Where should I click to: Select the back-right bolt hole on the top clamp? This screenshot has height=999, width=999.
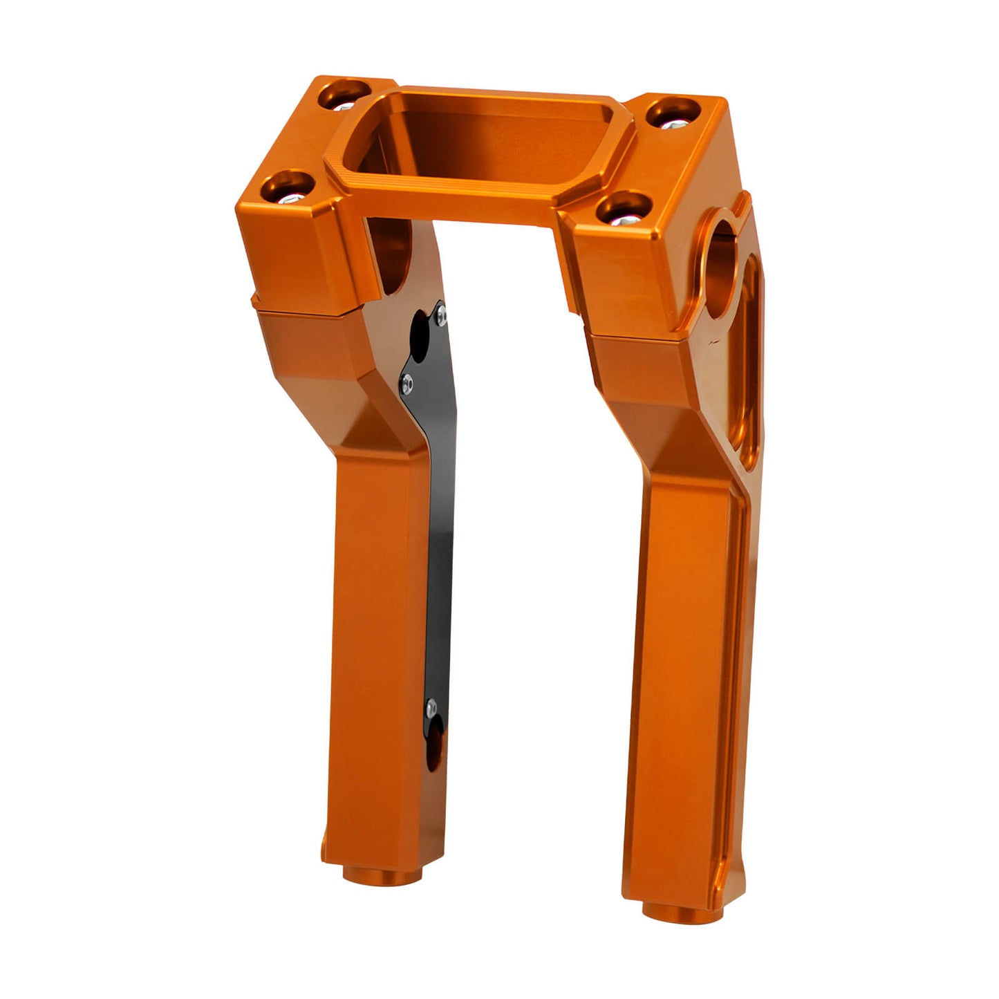click(x=671, y=113)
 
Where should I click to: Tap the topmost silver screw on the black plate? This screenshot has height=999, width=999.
click(x=440, y=315)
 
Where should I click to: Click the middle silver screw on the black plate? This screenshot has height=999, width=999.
click(x=408, y=379)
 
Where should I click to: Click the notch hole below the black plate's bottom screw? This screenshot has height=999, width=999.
click(x=435, y=750)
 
